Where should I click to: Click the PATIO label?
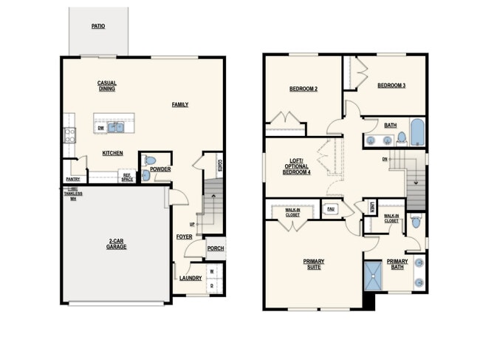98,26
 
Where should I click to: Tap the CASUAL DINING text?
107,86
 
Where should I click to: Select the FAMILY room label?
179,105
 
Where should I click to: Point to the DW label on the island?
100,127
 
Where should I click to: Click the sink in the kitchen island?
117,127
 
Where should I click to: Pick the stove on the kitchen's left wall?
69,135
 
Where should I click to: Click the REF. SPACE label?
128,177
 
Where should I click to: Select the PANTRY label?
72,179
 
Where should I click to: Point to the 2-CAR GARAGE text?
116,244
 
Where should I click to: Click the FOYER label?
184,237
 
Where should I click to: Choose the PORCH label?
215,248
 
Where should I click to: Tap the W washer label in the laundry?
211,271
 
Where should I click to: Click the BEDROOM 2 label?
304,89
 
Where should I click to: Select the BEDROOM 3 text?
391,85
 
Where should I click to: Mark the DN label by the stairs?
384,159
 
